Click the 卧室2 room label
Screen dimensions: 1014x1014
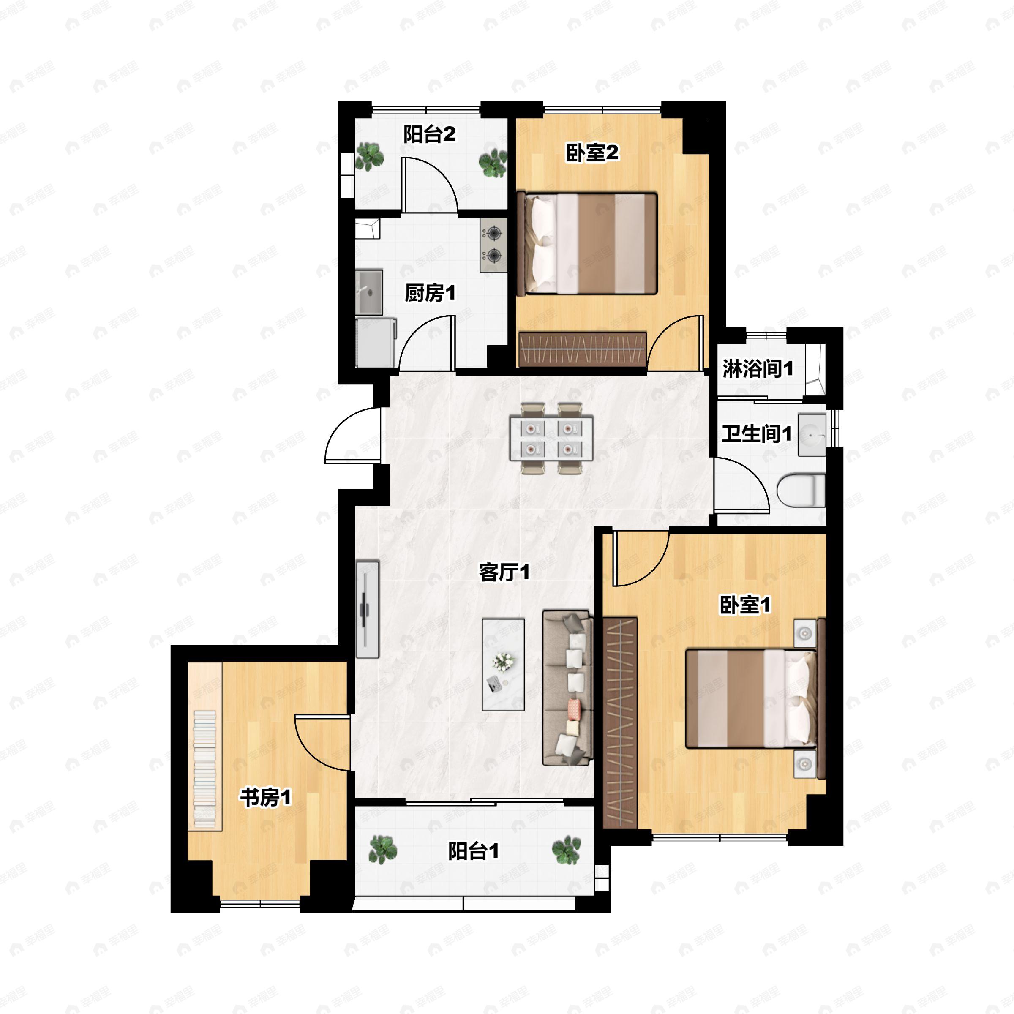pyautogui.click(x=592, y=153)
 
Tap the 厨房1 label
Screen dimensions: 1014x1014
pyautogui.click(x=430, y=293)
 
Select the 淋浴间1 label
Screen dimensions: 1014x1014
pyautogui.click(x=758, y=369)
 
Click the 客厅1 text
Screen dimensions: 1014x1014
pyautogui.click(x=504, y=572)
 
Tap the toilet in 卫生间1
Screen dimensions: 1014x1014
pyautogui.click(x=801, y=490)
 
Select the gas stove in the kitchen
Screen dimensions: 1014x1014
pyautogui.click(x=493, y=245)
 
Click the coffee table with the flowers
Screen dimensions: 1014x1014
pyautogui.click(x=503, y=665)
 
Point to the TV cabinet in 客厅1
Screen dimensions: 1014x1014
pyautogui.click(x=368, y=609)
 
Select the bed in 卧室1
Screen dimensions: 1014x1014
pyautogui.click(x=752, y=698)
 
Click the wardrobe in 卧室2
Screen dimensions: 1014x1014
pyautogui.click(x=582, y=349)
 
